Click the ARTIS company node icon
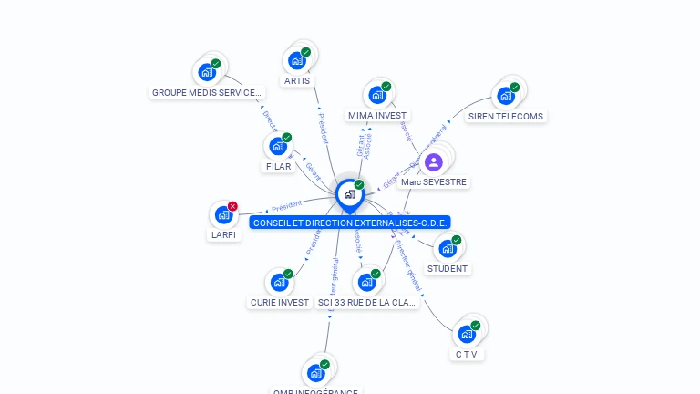[296, 61]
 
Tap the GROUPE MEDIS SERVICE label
[207, 92]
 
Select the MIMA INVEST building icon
[376, 96]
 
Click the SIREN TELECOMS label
[506, 117]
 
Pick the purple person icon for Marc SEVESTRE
[434, 162]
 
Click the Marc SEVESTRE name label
[434, 182]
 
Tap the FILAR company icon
[278, 146]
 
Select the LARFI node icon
[223, 215]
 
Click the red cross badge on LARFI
[232, 206]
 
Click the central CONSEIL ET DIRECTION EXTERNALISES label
[351, 223]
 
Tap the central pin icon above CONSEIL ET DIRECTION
[349, 194]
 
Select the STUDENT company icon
[447, 248]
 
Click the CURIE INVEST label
[280, 303]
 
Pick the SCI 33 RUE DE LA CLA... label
[366, 303]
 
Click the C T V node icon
[467, 334]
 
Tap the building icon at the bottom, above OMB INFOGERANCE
[315, 373]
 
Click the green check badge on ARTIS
[305, 52]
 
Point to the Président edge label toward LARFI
[286, 206]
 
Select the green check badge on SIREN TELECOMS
[514, 88]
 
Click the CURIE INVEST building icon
[279, 283]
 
